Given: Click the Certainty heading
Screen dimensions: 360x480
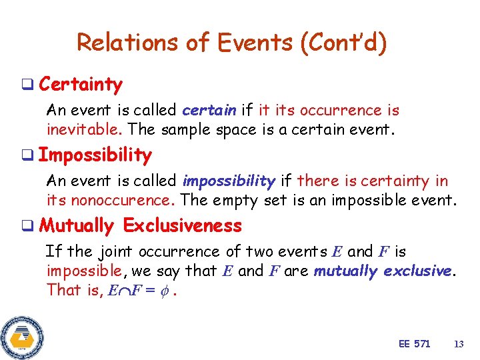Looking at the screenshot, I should click(x=81, y=85).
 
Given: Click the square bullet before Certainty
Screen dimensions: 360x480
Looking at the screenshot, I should click(x=29, y=85).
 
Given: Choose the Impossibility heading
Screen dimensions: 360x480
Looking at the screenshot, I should click(x=95, y=155).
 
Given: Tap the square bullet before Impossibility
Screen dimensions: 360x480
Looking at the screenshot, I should click(x=29, y=155).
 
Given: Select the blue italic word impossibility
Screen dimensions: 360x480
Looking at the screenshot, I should click(x=229, y=181).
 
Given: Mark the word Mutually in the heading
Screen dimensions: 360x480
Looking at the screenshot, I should click(x=77, y=226).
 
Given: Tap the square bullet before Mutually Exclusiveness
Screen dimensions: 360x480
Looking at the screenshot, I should click(x=29, y=226).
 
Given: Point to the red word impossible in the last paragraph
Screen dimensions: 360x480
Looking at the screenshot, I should click(x=83, y=271).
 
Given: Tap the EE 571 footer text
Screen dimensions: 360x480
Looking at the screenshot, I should click(x=414, y=343).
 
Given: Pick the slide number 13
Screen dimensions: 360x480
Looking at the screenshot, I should click(x=458, y=343).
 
